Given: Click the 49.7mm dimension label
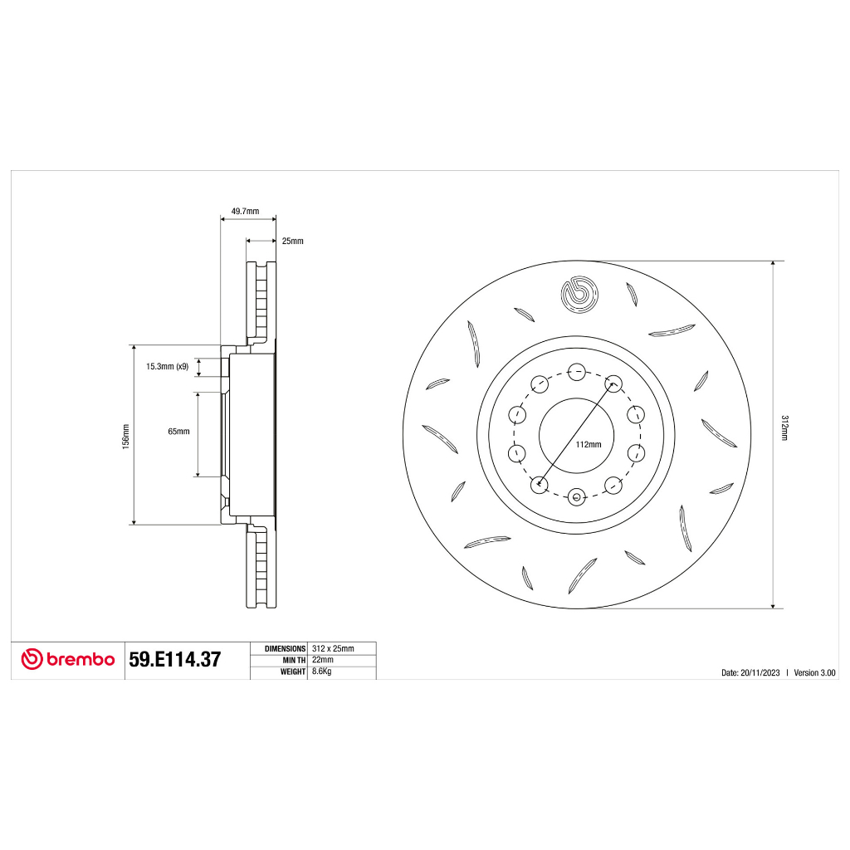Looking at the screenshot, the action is point(245,212).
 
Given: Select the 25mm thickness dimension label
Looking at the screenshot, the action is point(293,242).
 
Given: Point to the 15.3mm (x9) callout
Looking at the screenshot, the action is point(168,366).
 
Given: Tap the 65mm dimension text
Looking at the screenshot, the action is point(179,432).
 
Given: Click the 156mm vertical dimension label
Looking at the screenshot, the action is point(126,437).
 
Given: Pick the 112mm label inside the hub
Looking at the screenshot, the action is point(589,445).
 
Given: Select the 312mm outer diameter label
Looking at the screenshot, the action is point(784,427).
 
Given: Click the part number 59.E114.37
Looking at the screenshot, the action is point(175,660).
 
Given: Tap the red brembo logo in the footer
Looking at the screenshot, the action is point(68,659).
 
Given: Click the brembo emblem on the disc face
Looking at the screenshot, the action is point(579,295).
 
